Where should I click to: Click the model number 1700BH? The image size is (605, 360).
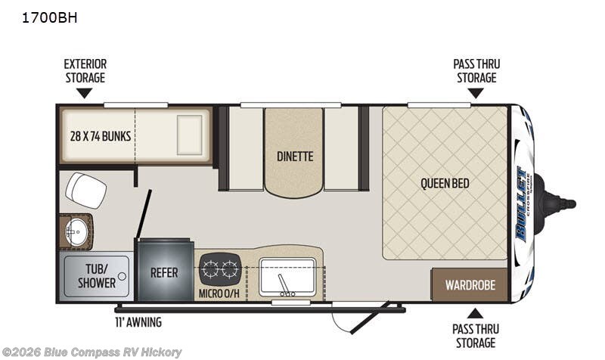click(x=49, y=17)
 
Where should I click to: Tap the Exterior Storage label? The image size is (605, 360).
click(x=85, y=70)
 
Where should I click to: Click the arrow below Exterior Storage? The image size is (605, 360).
click(x=84, y=93)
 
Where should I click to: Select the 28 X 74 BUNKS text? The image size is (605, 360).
click(x=101, y=136)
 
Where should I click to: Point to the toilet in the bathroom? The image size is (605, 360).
click(x=85, y=191)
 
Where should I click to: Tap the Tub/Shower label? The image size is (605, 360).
click(x=97, y=276)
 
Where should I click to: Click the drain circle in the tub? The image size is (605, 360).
click(x=122, y=276)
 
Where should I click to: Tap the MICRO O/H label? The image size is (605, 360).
click(x=219, y=293)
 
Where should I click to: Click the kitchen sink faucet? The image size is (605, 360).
click(x=286, y=286)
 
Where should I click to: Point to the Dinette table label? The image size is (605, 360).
click(x=295, y=157)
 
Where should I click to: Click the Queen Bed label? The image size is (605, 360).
click(x=445, y=183)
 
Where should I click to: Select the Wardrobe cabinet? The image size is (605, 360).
click(x=469, y=285)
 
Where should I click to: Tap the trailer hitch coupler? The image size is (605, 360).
click(x=556, y=204)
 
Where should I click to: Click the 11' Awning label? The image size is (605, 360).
click(x=138, y=321)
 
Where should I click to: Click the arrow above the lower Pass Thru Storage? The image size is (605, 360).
click(x=476, y=313)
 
